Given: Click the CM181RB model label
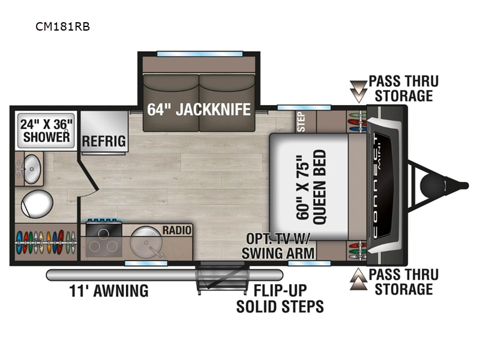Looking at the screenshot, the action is click(x=62, y=26).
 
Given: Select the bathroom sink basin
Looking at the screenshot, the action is click(x=32, y=169).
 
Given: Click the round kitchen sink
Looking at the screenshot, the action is click(x=146, y=242).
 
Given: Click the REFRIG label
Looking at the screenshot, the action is click(x=104, y=141).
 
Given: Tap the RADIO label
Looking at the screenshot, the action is click(x=177, y=230).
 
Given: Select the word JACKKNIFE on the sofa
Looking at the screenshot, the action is click(x=213, y=109).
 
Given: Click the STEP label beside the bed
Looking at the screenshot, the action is click(x=302, y=122).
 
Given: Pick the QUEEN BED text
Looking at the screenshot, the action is click(x=319, y=187).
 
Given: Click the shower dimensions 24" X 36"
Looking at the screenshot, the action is click(x=46, y=125).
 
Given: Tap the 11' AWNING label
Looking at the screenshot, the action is click(x=109, y=290).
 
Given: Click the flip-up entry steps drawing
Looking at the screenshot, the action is click(x=222, y=278).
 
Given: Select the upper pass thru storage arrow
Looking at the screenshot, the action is click(x=358, y=91).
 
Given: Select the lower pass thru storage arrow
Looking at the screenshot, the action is click(x=358, y=279).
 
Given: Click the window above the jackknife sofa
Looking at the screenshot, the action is click(x=200, y=54).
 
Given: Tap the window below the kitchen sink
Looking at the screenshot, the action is click(x=146, y=263).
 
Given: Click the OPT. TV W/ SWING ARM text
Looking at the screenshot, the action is click(x=278, y=246).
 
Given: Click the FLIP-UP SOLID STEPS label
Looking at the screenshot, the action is click(x=280, y=298).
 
